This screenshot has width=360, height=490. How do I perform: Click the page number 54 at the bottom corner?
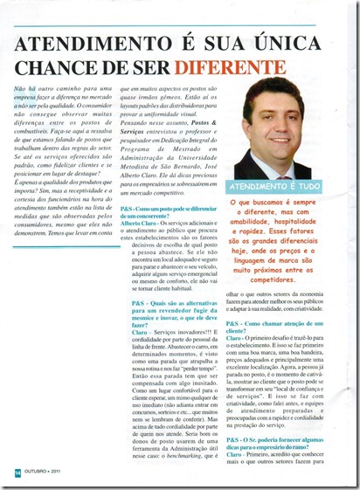[17, 472]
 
